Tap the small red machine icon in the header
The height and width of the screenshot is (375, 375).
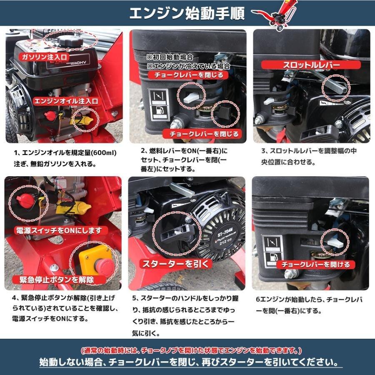pos(277,13)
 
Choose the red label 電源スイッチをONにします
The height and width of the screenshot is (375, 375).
pos(58,230)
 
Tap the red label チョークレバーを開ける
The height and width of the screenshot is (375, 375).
pos(315,264)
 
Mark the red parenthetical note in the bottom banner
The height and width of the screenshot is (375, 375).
pos(190,350)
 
